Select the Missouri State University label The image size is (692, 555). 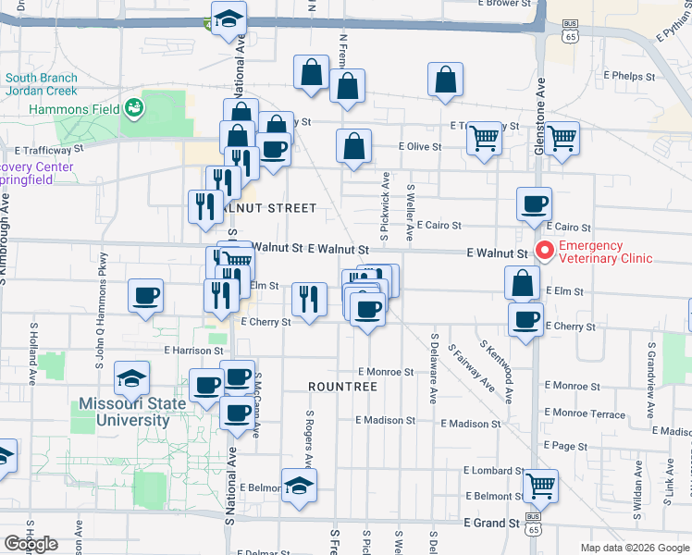(x=123, y=412)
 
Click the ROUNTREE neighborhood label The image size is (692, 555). (x=342, y=386)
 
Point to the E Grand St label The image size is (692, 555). (x=490, y=524)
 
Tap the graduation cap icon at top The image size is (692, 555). (x=228, y=18)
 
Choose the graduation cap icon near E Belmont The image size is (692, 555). (x=299, y=484)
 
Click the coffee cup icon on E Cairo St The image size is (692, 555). (x=533, y=204)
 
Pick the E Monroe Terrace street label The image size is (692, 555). (x=585, y=413)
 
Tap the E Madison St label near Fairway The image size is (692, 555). (x=471, y=424)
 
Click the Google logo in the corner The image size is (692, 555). (x=31, y=544)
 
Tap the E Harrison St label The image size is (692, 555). (x=193, y=351)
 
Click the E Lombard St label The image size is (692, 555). (x=493, y=471)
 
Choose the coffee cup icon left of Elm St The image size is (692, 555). (x=145, y=295)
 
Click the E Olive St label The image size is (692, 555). (x=420, y=146)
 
